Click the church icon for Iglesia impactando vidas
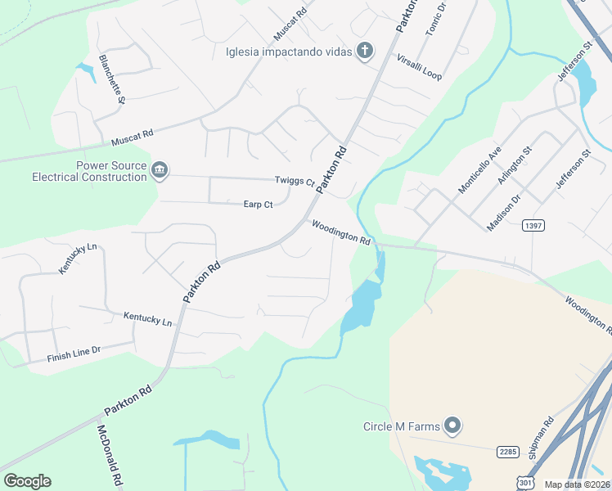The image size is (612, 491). tap(365, 52)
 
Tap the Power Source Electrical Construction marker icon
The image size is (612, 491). tap(160, 170)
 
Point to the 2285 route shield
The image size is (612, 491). tap(508, 451)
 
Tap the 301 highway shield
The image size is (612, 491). tap(525, 484)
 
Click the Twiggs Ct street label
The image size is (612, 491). tap(295, 181)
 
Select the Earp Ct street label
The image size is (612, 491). tap(258, 205)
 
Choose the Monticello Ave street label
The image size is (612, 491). tap(479, 170)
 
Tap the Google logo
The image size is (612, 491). tap(27, 481)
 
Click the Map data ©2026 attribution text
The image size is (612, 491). tap(577, 484)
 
